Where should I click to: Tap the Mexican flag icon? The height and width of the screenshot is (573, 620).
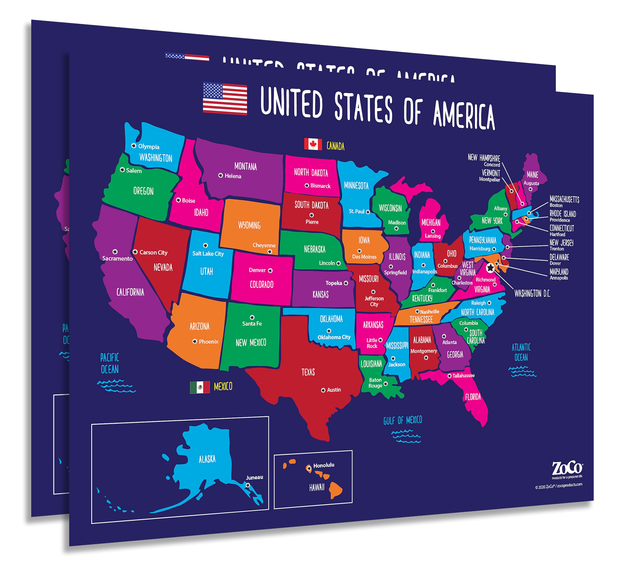coord(200,387)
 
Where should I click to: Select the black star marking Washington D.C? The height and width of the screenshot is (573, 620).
coord(490,268)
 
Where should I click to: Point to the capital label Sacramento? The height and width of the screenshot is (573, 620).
coord(117,258)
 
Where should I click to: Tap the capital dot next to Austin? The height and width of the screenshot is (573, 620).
coord(323,390)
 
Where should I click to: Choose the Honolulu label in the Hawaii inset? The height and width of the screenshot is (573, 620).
coord(324,465)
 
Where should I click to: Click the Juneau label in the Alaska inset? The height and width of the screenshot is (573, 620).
coord(254,477)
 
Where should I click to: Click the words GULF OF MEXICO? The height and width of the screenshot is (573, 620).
coord(403,420)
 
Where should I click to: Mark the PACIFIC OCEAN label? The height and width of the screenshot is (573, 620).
coord(110,363)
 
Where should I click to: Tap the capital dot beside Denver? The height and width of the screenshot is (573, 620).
coord(270,271)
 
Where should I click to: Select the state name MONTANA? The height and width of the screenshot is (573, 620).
coord(246,167)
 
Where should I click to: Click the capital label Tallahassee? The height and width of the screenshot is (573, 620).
coord(463,375)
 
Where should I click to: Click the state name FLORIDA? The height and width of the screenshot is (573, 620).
coord(473,397)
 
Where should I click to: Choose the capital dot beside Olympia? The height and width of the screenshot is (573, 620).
coord(134,146)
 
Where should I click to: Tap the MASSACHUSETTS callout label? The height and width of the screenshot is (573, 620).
coord(564,199)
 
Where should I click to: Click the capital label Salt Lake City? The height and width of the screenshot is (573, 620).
coord(208,254)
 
